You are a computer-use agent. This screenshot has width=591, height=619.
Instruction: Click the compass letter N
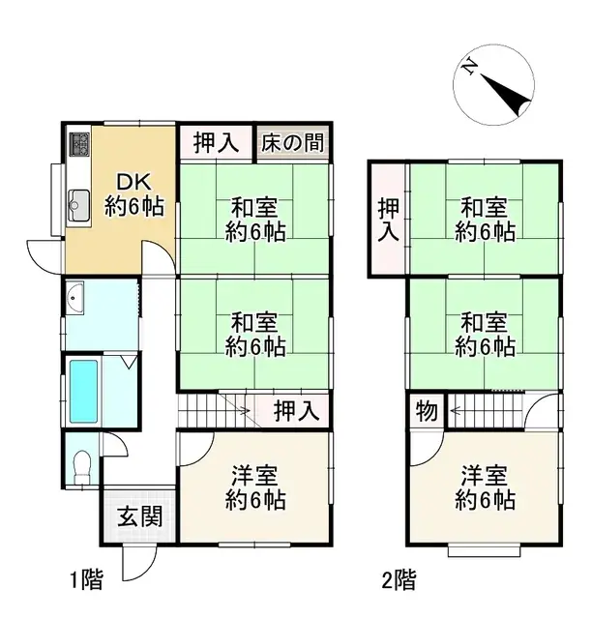pos(469,67)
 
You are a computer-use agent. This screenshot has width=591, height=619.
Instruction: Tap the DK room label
pos(133,182)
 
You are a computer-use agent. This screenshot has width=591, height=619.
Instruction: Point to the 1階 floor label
pos(86,581)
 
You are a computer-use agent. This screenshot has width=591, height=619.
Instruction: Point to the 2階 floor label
pos(399,581)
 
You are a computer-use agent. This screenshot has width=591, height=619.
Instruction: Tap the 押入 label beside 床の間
pos(215,143)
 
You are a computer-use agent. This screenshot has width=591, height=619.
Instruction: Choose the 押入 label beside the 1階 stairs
pos(295,410)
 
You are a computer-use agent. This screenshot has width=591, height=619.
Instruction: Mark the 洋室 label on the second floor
pos(485,488)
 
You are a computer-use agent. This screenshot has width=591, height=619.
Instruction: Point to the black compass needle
pos(509,89)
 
